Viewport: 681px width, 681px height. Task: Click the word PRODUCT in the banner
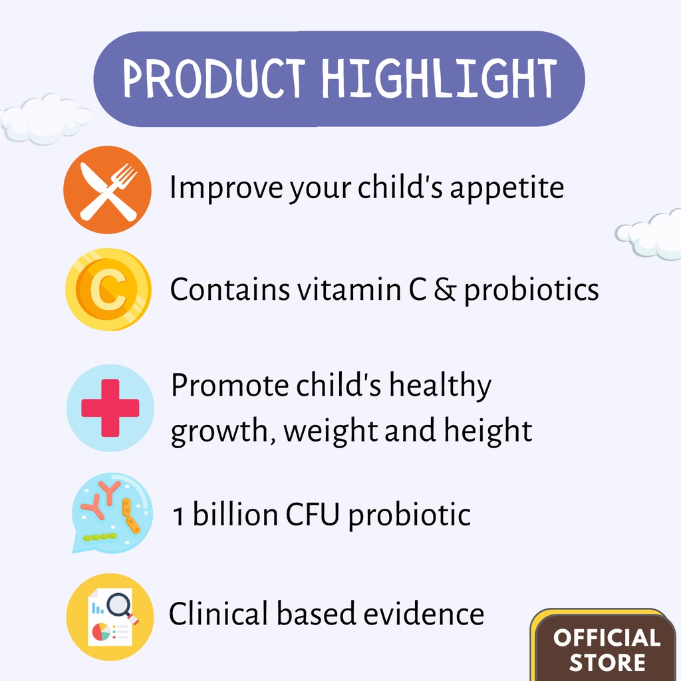coord(213,78)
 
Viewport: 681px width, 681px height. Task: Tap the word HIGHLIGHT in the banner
coord(439,78)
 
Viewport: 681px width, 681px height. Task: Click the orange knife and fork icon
coord(107,190)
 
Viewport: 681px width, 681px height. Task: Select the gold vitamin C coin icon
coord(108,289)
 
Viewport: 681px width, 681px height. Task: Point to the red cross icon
coord(110,408)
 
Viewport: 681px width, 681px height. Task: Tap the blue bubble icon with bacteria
coord(112,513)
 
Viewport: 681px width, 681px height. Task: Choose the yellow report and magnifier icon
coord(110,616)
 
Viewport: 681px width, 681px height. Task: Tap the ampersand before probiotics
coord(445,290)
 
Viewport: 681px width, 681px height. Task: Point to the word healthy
coord(440,386)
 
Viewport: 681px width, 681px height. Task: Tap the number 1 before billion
coord(178,516)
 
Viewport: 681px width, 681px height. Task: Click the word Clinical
coord(218,614)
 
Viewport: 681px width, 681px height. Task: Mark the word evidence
coord(424,614)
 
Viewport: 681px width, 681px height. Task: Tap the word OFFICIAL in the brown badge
coord(607,638)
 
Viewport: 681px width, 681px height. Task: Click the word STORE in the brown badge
coord(607,663)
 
